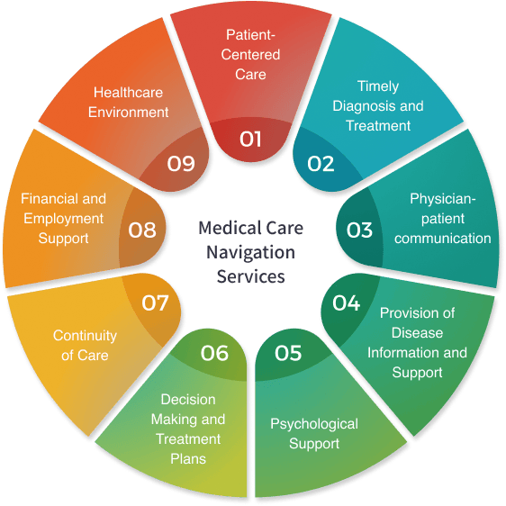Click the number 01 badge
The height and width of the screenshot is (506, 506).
(x=250, y=140)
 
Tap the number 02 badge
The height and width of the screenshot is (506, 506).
(x=321, y=164)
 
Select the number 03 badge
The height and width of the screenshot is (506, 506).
(x=359, y=230)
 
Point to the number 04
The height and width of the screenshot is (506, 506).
(x=347, y=303)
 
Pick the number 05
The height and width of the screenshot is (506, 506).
(x=288, y=353)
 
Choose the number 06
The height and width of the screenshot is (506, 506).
(x=214, y=353)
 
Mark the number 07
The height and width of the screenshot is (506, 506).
(x=155, y=303)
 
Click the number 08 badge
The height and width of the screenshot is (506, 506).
(x=142, y=230)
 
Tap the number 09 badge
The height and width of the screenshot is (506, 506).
(x=181, y=164)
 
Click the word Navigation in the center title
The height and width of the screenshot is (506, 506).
(x=250, y=252)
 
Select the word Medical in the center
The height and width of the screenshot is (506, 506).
(x=224, y=228)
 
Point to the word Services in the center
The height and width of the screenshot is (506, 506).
(x=250, y=276)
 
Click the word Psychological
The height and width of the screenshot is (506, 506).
(x=314, y=425)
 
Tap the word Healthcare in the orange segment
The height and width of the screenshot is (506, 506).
(x=128, y=93)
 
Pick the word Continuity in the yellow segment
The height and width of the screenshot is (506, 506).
(x=85, y=336)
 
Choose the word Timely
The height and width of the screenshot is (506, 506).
(x=378, y=86)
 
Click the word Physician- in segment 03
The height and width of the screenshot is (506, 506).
(x=443, y=199)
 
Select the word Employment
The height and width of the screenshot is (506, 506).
(x=64, y=220)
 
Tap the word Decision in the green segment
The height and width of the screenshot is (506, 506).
(x=188, y=400)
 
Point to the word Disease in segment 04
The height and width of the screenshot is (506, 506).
(x=417, y=333)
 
